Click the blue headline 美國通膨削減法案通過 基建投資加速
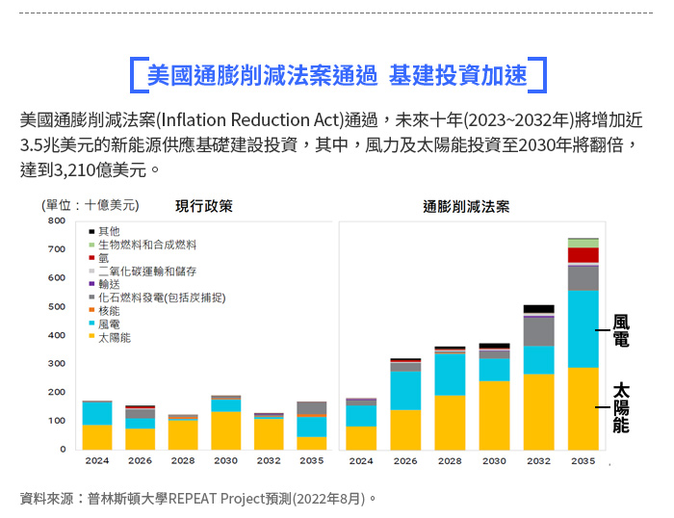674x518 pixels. point(337,74)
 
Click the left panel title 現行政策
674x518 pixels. point(204,206)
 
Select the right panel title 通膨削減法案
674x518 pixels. point(466,206)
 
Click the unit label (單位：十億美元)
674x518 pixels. point(90,205)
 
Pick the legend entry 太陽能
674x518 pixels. point(114,338)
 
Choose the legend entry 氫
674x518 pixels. point(103,258)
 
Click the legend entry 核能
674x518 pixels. point(109,311)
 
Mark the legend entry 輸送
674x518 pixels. point(109,284)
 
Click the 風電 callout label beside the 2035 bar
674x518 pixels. point(621,330)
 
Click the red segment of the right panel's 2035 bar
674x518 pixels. point(583,255)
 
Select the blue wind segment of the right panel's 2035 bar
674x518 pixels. point(583,327)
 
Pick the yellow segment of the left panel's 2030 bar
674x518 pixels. point(226,430)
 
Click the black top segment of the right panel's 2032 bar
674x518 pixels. point(539,309)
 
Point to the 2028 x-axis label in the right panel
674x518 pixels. point(450,461)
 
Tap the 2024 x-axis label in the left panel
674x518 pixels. point(96,461)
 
